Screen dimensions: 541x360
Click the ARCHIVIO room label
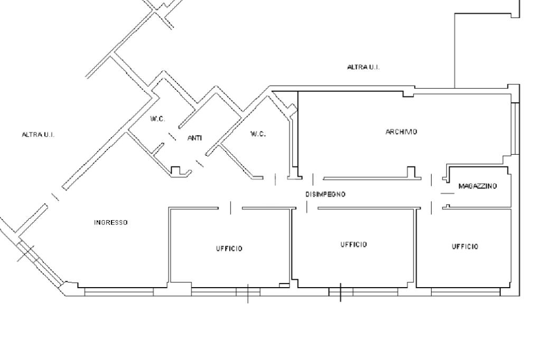(402, 132)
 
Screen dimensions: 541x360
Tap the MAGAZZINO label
(478, 186)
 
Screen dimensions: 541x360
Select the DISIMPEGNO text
(325, 194)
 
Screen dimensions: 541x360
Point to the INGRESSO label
(111, 223)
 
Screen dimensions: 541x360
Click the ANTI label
(194, 138)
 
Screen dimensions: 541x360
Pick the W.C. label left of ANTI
(157, 119)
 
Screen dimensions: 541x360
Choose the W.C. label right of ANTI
(258, 134)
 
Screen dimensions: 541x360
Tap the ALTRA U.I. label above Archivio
(363, 67)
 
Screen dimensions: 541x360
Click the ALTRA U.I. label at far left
(38, 135)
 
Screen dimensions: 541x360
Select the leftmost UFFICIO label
(229, 249)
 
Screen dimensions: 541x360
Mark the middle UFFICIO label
(353, 244)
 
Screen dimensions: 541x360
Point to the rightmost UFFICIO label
(465, 247)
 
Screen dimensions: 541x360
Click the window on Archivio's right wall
(515, 129)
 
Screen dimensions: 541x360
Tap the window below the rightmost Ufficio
(466, 292)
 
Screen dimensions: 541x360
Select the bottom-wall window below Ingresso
(119, 292)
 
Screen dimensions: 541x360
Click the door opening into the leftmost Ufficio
(230, 208)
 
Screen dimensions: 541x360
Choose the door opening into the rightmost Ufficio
(432, 208)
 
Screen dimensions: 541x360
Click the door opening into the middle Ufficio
(307, 207)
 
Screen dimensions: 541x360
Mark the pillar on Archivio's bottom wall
(411, 172)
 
